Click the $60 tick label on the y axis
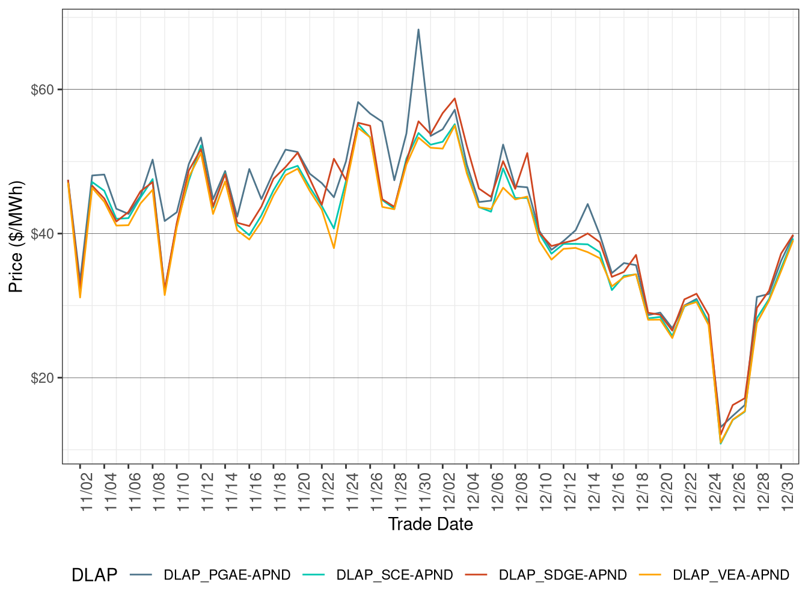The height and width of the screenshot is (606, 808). [x=42, y=90]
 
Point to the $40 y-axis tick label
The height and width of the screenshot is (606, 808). [x=42, y=234]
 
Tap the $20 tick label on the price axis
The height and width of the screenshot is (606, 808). [x=42, y=378]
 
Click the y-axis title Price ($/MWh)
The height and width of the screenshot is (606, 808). [x=16, y=237]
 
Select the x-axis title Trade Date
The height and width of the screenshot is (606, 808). [x=430, y=524]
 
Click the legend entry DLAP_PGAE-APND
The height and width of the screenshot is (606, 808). [x=227, y=575]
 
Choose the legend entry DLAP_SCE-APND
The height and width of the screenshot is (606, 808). [x=394, y=575]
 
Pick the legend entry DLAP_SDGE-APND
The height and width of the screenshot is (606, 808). [x=562, y=575]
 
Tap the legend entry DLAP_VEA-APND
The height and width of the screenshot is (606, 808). [x=730, y=575]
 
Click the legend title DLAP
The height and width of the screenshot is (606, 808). [x=94, y=575]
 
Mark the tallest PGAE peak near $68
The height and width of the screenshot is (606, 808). [x=418, y=29]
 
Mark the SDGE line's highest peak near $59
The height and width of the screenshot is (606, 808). [x=454, y=99]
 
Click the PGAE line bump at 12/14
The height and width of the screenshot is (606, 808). [x=587, y=204]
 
